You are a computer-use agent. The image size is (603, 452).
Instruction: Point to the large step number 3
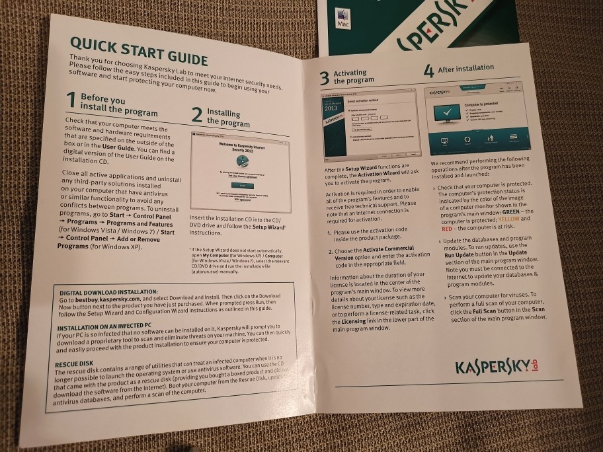[324, 78]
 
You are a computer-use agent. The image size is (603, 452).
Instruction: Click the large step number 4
[428, 70]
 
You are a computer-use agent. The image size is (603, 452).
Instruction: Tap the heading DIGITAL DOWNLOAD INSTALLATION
[108, 291]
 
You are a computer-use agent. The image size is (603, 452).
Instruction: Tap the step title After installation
[465, 67]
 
